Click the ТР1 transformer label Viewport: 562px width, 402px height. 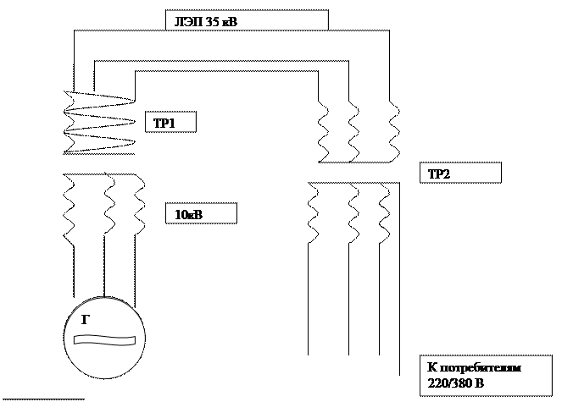(164, 124)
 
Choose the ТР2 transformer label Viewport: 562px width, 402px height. (439, 175)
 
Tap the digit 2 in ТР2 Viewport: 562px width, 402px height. (447, 175)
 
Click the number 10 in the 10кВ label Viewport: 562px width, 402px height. (181, 215)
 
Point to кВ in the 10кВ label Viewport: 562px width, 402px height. (195, 215)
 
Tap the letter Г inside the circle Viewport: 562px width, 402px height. (86, 320)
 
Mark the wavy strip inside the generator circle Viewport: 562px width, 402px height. (104, 339)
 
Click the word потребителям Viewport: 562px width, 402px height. (487, 369)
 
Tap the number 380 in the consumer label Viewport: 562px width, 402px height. (462, 384)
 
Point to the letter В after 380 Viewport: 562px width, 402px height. (480, 384)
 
